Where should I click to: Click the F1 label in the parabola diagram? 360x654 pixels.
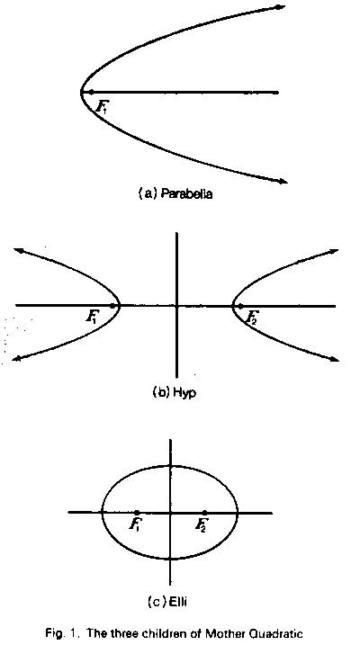click(x=101, y=106)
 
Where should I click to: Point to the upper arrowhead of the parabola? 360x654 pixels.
click(x=281, y=7)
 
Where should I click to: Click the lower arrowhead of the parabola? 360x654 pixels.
click(x=283, y=181)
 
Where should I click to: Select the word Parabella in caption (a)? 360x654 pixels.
click(x=186, y=194)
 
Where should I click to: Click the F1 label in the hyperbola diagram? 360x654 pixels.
click(x=92, y=318)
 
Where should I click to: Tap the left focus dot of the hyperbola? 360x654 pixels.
click(x=112, y=306)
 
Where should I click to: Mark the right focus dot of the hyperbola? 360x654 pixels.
click(x=240, y=306)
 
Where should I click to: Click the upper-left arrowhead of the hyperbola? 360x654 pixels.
click(x=18, y=250)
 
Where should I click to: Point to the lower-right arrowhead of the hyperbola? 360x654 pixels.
click(x=334, y=359)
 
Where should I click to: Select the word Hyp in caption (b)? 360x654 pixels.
click(x=184, y=392)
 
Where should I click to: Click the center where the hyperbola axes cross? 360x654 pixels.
click(x=177, y=306)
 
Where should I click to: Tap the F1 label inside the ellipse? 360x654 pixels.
click(x=134, y=525)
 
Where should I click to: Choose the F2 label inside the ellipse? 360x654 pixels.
click(x=201, y=525)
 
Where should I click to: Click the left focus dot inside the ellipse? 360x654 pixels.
click(x=137, y=512)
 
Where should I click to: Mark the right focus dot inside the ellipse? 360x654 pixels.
click(x=204, y=512)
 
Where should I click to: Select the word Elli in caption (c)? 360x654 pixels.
click(x=175, y=602)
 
